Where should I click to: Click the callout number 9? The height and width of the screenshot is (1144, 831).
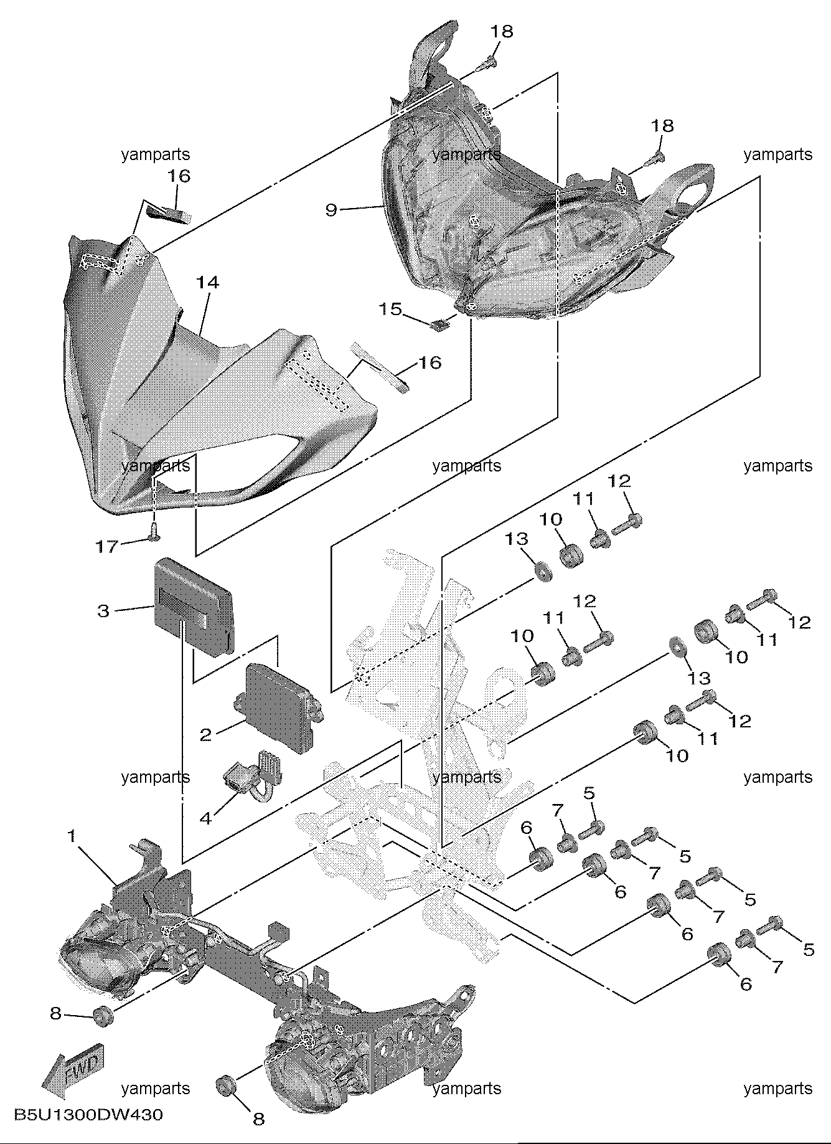[331, 210]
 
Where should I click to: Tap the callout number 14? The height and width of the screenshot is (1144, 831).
[208, 282]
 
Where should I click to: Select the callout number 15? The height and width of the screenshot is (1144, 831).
[391, 309]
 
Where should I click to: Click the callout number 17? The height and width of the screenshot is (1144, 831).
[106, 547]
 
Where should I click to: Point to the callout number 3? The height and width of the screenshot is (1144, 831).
[103, 611]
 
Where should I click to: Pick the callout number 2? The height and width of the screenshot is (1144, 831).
[205, 735]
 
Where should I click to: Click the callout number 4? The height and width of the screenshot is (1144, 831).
[205, 818]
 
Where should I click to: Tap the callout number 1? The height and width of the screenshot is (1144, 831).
[72, 836]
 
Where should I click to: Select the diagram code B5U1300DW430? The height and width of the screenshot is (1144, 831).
[88, 1114]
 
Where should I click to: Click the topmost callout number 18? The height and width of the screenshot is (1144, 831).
[501, 31]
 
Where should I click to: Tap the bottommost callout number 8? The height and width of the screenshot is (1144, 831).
[258, 1119]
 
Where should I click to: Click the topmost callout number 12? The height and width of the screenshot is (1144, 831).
[619, 480]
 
